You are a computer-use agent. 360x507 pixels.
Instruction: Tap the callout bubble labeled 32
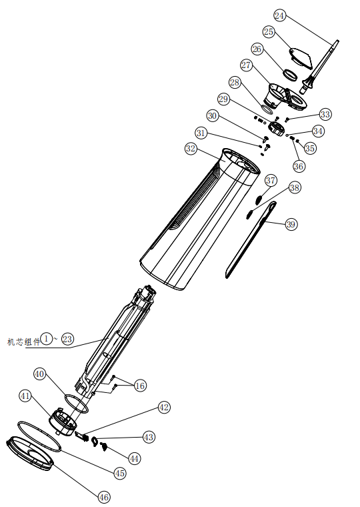pyautogui.click(x=191, y=149)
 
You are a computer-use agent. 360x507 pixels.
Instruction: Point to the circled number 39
pyautogui.click(x=290, y=224)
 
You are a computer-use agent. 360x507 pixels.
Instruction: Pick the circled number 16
pyautogui.click(x=139, y=385)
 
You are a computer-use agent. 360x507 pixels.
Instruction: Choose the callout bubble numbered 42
pyautogui.click(x=164, y=407)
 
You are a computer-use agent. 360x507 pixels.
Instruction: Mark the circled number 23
pyautogui.click(x=67, y=339)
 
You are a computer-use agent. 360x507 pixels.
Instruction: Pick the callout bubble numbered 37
pyautogui.click(x=271, y=181)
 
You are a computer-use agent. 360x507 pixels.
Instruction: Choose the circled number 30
pyautogui.click(x=212, y=115)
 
